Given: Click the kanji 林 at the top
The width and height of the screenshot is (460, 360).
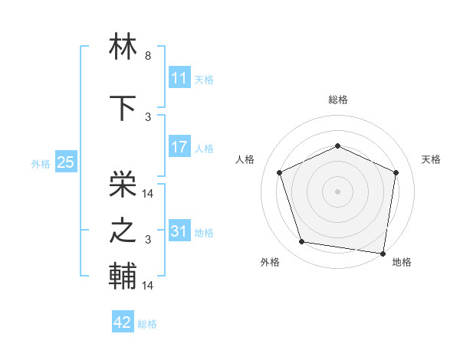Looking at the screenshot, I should tap(124, 47).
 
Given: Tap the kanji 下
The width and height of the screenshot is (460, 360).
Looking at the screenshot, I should tap(124, 107).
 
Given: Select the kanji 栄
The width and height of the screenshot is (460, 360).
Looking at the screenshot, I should tap(124, 182).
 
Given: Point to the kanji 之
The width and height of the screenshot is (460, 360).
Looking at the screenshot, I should tap(124, 231).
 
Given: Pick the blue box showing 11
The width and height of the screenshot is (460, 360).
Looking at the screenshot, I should tap(179, 78).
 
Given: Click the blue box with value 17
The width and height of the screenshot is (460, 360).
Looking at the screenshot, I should tap(179, 148).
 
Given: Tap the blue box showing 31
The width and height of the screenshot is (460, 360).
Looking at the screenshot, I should tap(179, 231).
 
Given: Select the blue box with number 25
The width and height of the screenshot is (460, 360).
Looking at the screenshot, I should tap(65, 162).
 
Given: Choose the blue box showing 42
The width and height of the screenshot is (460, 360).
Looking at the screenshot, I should tap(123, 322).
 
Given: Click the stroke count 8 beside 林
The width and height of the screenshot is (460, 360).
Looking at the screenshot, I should tap(148, 56).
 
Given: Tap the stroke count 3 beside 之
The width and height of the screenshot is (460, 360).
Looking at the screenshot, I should tap(148, 240).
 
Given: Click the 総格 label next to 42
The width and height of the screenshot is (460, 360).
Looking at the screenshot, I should tap(147, 324).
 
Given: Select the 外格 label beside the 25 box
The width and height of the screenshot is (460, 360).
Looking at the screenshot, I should tap(41, 163).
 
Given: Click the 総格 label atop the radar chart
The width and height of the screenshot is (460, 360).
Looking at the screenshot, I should tap(337, 100).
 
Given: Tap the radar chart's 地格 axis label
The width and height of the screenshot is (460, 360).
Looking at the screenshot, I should tap(402, 262).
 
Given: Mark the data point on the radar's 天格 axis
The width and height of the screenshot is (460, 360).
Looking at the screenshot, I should tap(396, 172).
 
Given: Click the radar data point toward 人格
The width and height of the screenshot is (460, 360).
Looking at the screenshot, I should tap(280, 172).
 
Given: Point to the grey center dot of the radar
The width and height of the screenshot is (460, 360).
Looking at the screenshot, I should tap(337, 191).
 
